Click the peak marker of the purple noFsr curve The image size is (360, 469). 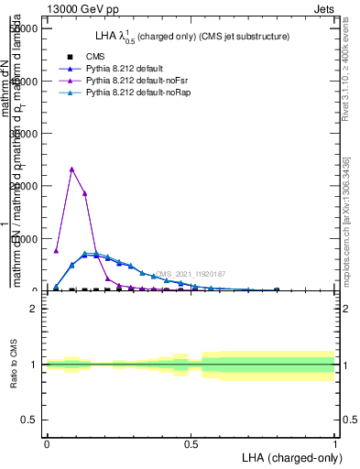click(x=71, y=169)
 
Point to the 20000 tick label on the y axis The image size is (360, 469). click(x=21, y=185)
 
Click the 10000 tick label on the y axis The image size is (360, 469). click(x=21, y=238)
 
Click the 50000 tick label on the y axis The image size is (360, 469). click(x=21, y=27)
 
